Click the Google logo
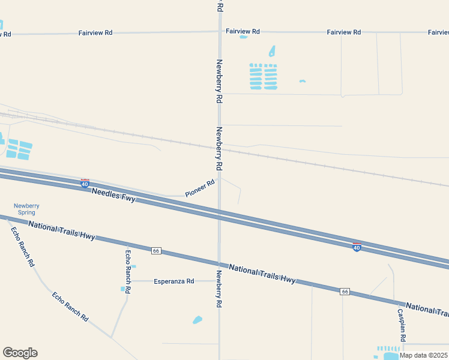(20, 353)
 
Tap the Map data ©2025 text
(424, 355)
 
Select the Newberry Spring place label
(26, 209)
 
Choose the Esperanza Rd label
(174, 281)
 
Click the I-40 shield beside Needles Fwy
(85, 183)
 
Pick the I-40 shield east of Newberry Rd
(357, 247)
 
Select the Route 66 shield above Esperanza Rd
(156, 250)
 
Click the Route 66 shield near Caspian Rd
(345, 292)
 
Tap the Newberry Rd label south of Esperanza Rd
(220, 289)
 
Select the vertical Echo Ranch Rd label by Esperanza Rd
(128, 271)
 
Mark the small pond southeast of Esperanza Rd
(197, 320)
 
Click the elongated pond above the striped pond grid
(272, 52)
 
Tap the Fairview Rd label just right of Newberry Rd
(243, 31)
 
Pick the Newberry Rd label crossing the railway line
(219, 147)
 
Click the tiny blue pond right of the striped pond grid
(303, 81)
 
